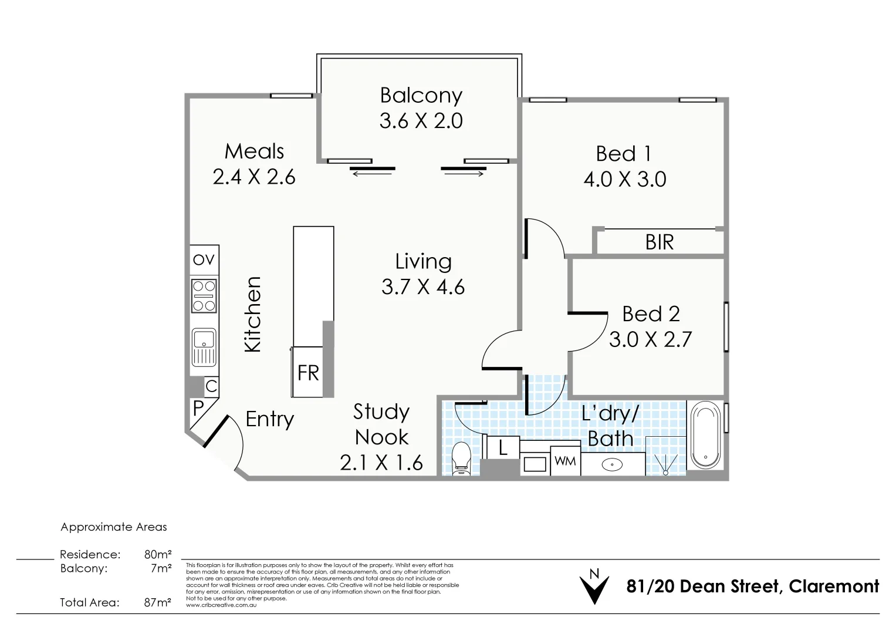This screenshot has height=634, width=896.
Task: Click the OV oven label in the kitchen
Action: pos(204,259)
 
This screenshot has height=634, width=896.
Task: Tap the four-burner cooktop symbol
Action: pos(204,296)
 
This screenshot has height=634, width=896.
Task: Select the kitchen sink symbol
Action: pos(204,348)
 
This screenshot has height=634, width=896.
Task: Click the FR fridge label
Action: pos(308,373)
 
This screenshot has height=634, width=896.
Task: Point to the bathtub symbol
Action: pos(706,436)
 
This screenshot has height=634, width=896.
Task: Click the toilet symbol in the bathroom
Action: pos(461,458)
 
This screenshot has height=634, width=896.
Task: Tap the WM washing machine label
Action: pos(565,461)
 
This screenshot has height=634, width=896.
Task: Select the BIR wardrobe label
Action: pos(660,242)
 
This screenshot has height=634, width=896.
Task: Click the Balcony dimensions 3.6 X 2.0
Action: pos(421,120)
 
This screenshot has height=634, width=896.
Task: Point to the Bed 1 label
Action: pos(624,153)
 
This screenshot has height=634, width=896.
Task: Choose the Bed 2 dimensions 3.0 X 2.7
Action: pos(650,339)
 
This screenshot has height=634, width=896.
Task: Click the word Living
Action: pos(424,261)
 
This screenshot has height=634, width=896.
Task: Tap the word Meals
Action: pos(255,151)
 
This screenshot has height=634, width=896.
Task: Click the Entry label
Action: pos(270,419)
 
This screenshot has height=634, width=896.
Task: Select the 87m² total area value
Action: pos(158,602)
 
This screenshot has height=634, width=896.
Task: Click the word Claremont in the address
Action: pos(834,586)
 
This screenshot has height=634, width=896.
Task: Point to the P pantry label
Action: pos(198,408)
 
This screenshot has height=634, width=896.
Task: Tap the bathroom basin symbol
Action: pos(612,465)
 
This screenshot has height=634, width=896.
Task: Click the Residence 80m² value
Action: pos(158,554)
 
